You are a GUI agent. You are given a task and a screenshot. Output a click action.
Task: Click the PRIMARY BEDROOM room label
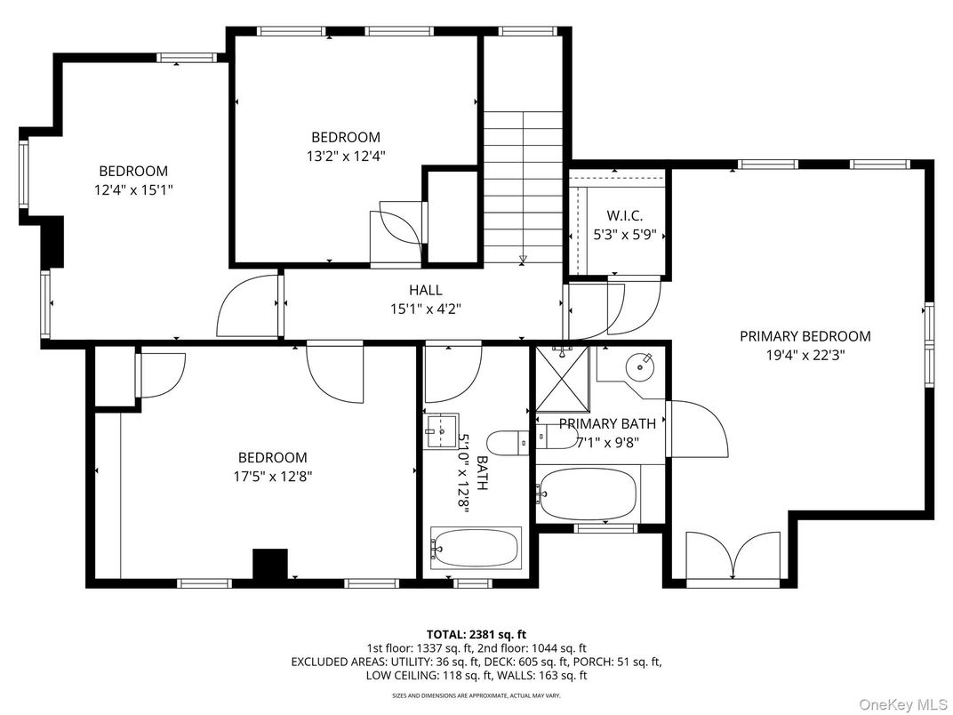(x=805, y=336)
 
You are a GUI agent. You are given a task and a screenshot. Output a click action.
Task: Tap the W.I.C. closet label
(x=624, y=216)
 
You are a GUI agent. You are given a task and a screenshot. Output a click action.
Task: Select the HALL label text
(x=425, y=290)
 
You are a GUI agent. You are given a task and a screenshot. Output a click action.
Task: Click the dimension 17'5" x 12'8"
(x=266, y=476)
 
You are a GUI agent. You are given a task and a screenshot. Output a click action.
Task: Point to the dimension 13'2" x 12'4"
(x=345, y=156)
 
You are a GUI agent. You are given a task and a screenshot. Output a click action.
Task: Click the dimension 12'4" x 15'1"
(x=132, y=189)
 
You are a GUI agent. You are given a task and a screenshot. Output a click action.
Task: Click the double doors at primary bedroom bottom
(x=732, y=558)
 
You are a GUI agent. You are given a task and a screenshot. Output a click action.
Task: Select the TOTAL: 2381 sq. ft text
(x=476, y=634)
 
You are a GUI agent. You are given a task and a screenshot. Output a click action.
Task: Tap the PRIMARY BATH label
(x=607, y=423)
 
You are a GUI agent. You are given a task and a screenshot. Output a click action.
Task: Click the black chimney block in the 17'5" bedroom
(x=270, y=564)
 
